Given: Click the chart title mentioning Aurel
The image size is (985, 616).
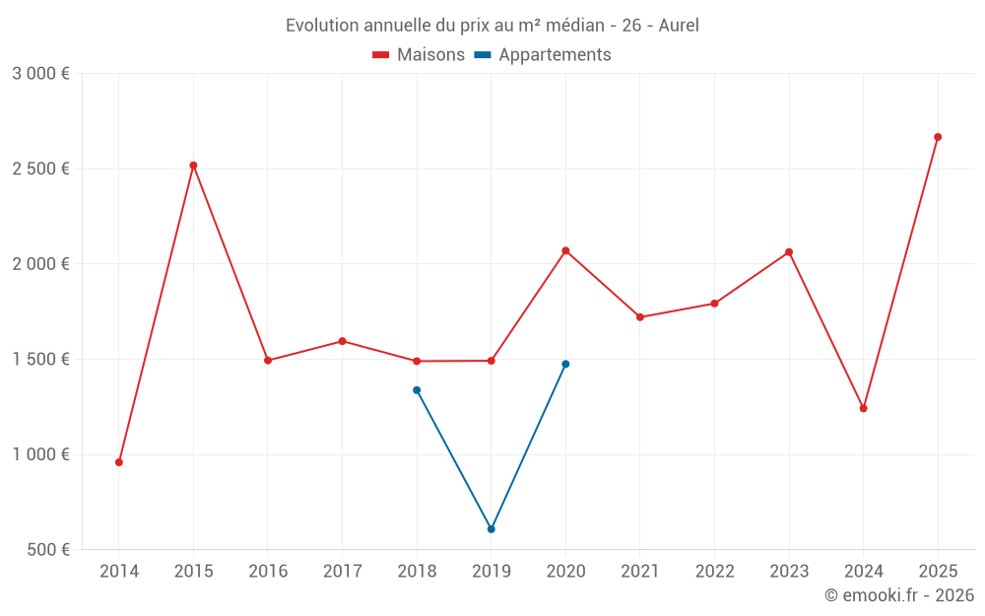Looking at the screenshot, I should tap(492, 26).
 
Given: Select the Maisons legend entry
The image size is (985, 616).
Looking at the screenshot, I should tap(419, 55).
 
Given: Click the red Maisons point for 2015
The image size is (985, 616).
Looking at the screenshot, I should tap(193, 166).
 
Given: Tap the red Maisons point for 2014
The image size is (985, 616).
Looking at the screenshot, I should tap(119, 462).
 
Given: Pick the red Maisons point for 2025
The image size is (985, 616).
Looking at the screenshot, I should tap(938, 137).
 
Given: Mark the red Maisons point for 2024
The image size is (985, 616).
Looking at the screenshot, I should tap(864, 408).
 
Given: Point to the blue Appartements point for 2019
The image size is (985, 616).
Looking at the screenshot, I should tap(492, 529).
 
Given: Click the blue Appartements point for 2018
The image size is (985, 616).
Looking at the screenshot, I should tap(417, 390).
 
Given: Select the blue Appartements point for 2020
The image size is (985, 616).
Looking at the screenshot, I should tap(565, 364).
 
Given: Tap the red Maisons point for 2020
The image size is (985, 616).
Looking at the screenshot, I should tap(565, 250).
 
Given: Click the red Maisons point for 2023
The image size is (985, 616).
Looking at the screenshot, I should tap(789, 252).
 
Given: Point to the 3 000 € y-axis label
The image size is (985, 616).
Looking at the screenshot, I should tap(40, 74).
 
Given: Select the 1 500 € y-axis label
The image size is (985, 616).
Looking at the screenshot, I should tap(40, 360).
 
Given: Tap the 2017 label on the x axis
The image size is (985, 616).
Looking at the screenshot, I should tap(342, 572).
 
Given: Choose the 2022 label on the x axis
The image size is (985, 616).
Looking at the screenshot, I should tap(714, 572).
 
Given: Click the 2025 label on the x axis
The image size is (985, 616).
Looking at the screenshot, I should tap(938, 572).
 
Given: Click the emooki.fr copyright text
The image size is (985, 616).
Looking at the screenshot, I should tap(898, 595).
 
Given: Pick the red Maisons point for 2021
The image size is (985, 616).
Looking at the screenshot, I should tap(640, 317).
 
